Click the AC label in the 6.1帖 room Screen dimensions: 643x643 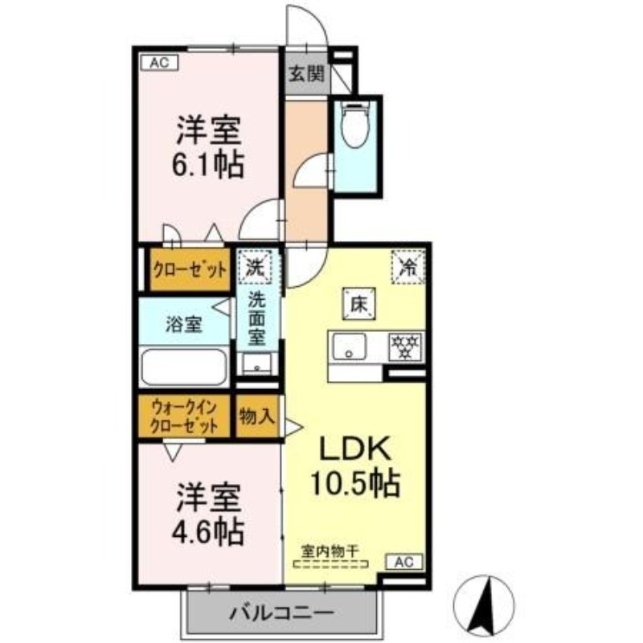(159, 63)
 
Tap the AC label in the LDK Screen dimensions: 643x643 (404, 561)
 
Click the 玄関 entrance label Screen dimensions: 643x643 (307, 74)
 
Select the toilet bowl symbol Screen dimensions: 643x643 (355, 125)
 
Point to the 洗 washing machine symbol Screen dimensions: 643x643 (255, 267)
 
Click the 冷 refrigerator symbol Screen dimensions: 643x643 (408, 267)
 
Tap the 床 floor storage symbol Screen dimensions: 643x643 (359, 305)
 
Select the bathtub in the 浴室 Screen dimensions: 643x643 (184, 367)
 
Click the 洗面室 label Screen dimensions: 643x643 (257, 319)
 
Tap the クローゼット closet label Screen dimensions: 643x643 (190, 270)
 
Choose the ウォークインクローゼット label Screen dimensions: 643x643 (184, 417)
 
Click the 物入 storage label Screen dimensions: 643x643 (256, 416)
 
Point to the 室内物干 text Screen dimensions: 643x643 (330, 551)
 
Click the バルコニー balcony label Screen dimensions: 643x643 (281, 614)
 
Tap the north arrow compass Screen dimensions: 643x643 (484, 605)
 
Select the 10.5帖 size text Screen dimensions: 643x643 (355, 483)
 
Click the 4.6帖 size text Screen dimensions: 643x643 (207, 531)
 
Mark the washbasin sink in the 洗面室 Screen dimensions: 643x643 (256, 364)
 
